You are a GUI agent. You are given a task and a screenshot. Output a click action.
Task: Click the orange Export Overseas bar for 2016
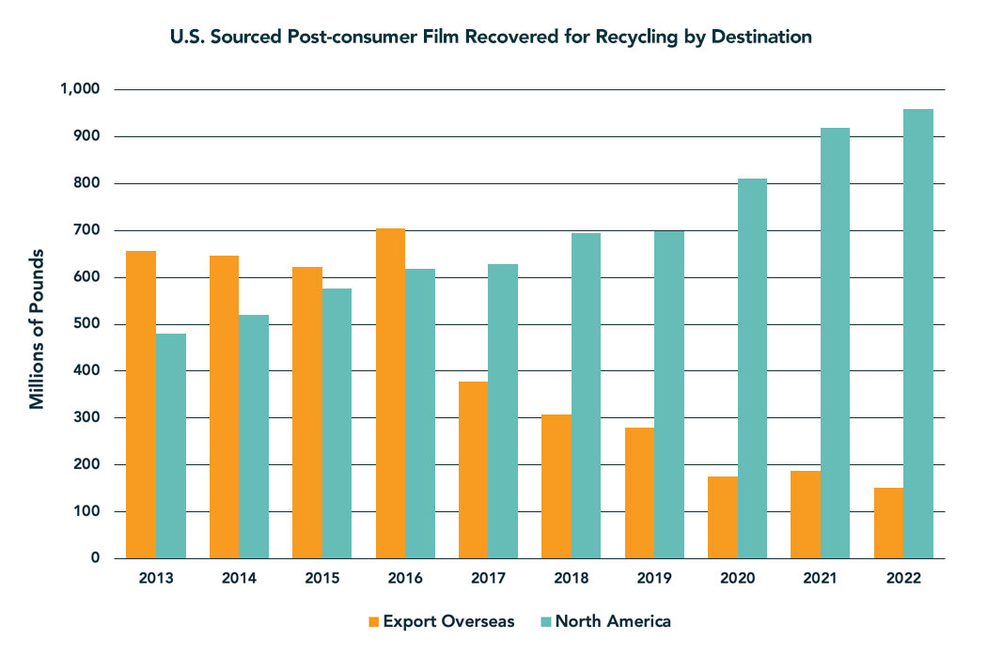(390, 394)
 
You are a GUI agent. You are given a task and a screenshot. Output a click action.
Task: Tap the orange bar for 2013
(141, 404)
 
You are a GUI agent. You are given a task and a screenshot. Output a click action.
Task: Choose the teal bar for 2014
(253, 436)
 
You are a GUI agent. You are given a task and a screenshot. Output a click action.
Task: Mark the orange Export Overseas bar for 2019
(639, 492)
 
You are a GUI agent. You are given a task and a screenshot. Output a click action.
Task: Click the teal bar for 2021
(835, 343)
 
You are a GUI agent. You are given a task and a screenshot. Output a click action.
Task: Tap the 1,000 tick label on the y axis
(80, 89)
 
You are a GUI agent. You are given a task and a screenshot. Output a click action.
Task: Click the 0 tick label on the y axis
(96, 558)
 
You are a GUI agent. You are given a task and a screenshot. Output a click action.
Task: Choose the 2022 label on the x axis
(903, 579)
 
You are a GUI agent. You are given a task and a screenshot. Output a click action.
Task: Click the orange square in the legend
(372, 621)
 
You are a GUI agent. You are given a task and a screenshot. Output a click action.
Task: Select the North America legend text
(613, 621)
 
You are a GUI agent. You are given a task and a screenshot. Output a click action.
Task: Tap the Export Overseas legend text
(448, 621)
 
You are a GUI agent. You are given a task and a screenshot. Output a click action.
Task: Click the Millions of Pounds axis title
(38, 329)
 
